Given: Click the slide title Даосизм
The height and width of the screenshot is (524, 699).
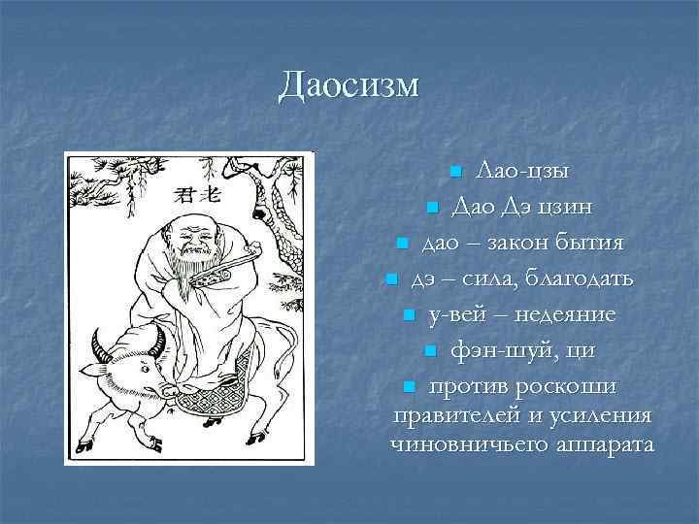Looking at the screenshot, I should point(349,85).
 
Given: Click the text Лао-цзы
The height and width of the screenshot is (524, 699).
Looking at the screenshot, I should point(522,172).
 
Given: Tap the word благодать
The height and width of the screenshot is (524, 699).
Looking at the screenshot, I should point(580,279).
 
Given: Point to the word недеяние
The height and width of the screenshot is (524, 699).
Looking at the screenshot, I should point(566,315).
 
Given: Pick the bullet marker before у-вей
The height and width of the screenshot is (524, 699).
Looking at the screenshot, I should point(409,315).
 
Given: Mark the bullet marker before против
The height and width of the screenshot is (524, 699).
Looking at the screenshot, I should point(409,387).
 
